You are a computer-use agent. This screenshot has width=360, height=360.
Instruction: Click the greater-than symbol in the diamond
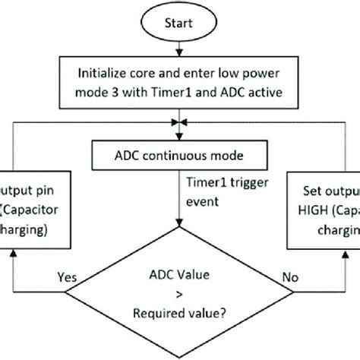pyautogui.click(x=180, y=295)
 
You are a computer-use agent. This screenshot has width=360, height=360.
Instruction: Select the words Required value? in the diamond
pyautogui.click(x=180, y=311)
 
